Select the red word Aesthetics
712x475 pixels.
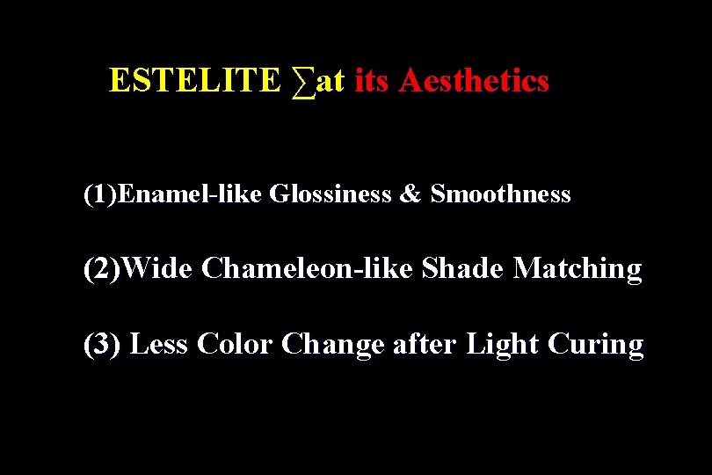click(x=474, y=81)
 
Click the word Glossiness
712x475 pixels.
click(x=330, y=194)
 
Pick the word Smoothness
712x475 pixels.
click(x=500, y=194)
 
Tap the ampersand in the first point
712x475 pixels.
click(x=410, y=194)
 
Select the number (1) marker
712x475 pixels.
click(x=99, y=194)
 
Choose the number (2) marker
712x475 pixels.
click(x=102, y=268)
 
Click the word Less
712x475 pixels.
click(x=159, y=344)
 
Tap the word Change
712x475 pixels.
click(x=333, y=345)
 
